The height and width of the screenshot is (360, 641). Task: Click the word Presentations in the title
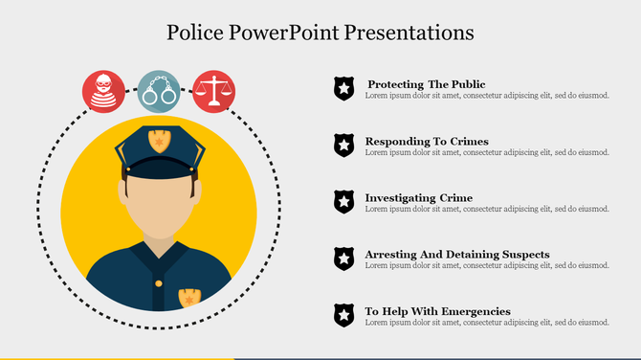(x=413, y=32)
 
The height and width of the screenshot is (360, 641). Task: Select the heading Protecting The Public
(x=426, y=84)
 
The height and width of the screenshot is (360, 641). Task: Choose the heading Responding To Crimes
(x=427, y=141)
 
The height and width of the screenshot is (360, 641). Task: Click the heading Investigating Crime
(x=418, y=198)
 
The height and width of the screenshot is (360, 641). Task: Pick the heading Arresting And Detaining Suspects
(x=457, y=254)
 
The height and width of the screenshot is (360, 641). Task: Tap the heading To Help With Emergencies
(x=437, y=311)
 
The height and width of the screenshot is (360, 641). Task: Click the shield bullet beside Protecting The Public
(x=343, y=89)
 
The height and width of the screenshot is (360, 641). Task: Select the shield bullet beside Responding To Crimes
(x=343, y=146)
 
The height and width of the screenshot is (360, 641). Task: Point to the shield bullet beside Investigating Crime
(x=343, y=202)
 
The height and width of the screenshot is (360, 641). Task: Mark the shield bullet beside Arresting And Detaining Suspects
(x=343, y=259)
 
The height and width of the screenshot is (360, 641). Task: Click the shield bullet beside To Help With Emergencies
(x=343, y=315)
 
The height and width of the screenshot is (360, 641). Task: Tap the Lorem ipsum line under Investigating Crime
(x=487, y=209)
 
